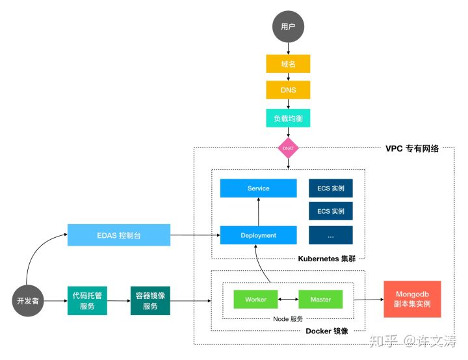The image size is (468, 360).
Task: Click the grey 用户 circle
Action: click(288, 27)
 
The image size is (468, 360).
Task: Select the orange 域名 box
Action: click(288, 64)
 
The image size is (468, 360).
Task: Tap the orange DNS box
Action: click(288, 90)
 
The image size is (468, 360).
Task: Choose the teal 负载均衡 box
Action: click(288, 118)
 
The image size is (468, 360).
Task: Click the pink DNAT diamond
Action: click(288, 148)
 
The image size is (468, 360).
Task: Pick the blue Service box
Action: click(258, 188)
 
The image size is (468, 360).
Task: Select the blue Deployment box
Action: click(258, 235)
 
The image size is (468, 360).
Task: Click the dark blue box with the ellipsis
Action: click(331, 235)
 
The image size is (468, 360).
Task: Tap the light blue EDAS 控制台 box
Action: click(118, 235)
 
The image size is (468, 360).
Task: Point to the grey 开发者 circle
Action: click(28, 302)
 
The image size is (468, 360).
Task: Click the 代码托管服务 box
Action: click(87, 301)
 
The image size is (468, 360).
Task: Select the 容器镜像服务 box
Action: click(150, 301)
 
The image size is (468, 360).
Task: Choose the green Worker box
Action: click(255, 300)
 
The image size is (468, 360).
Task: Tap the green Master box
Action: click(320, 300)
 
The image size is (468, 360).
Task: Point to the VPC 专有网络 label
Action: click(411, 148)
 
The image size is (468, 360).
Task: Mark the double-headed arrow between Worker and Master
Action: click(288, 300)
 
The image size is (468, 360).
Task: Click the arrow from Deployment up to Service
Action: click(258, 212)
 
